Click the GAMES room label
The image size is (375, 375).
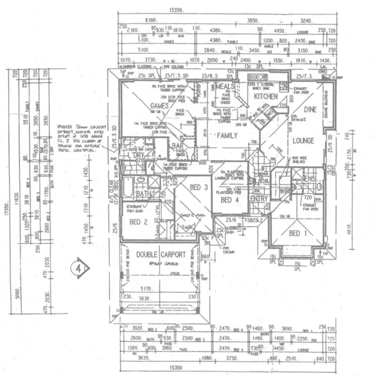(x=159, y=106)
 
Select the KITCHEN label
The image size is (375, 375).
(x=265, y=96)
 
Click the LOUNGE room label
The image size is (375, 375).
(x=303, y=140)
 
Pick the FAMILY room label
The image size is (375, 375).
(x=226, y=135)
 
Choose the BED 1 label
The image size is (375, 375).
(x=294, y=233)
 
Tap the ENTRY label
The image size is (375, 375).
(x=259, y=199)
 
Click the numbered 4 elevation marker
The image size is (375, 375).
(x=79, y=267)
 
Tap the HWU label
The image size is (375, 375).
(x=322, y=71)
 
